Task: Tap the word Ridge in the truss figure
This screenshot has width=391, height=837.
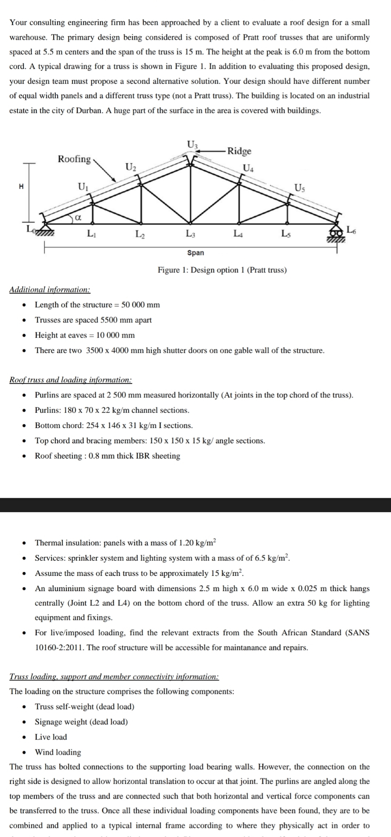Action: (x=239, y=151)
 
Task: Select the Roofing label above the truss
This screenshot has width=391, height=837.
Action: (x=75, y=159)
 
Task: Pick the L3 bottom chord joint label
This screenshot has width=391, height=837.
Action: (x=190, y=235)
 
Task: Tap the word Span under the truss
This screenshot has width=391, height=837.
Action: (x=195, y=253)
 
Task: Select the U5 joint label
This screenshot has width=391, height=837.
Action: (x=300, y=188)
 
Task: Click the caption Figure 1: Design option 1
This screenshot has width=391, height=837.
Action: (x=222, y=270)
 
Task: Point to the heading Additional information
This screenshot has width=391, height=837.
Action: (x=50, y=289)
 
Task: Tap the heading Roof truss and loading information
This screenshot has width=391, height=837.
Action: (x=71, y=380)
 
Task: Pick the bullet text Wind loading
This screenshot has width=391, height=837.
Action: (x=58, y=752)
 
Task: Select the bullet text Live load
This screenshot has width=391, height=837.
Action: (x=51, y=737)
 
